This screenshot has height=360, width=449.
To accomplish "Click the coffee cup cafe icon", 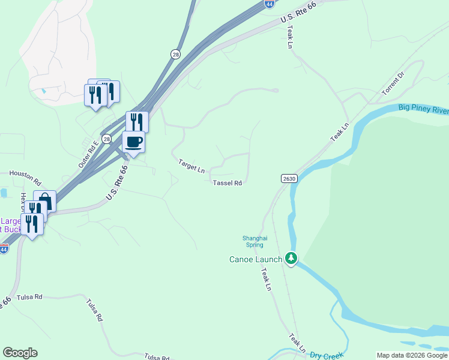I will [x=133, y=143].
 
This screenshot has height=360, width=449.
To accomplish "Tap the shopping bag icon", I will [x=44, y=202].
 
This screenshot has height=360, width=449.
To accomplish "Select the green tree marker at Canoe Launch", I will [x=291, y=259].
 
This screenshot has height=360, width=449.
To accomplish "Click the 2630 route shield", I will [x=289, y=179].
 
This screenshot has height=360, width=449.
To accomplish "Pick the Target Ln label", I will [x=191, y=166].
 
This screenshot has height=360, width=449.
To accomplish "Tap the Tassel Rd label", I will [x=228, y=183].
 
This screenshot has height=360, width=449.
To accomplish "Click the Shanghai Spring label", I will [x=253, y=241].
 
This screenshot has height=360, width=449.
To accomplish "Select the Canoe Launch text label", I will [x=255, y=259].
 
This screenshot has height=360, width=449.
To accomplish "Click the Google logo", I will [x=20, y=353].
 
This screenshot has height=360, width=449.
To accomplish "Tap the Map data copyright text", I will [x=411, y=355].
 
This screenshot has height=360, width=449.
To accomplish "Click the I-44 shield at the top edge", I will [x=270, y=4].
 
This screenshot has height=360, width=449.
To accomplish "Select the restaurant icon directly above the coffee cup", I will [x=137, y=122].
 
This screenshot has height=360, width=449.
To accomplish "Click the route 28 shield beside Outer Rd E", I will [x=106, y=139].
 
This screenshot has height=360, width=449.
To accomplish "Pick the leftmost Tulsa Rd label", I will [x=29, y=297].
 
